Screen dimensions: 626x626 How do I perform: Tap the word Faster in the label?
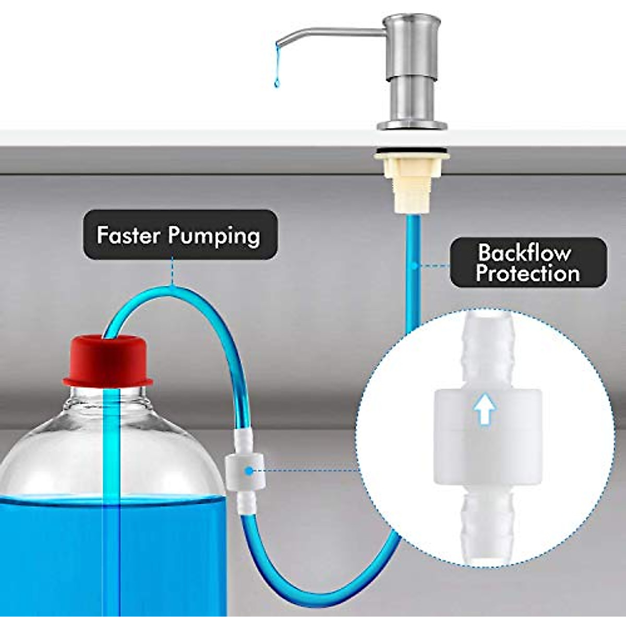pos(128,235)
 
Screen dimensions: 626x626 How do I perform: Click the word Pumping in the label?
pos(214,236)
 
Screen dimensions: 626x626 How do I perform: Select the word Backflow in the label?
pos(524,253)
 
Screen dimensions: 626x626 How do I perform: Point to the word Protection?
pos(527,274)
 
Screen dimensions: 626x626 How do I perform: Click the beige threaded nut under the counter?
pos(412,185)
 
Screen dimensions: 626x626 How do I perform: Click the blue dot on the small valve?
pos(249,471)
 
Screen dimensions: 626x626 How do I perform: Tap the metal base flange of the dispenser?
pos(412,125)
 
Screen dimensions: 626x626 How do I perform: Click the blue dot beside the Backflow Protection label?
pos(412,266)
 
